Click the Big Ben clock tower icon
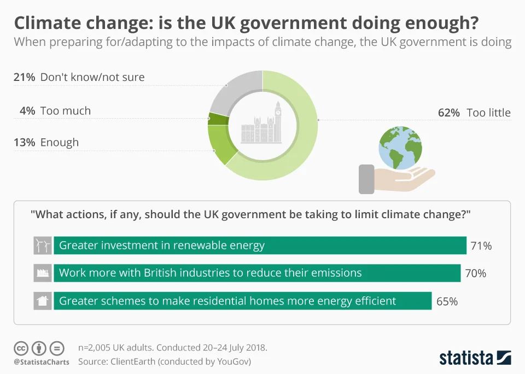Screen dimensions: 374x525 click(x=277, y=120)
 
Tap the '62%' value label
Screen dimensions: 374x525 click(x=449, y=113)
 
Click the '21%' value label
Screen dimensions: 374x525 click(x=24, y=77)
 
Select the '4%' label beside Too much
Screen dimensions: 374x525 click(x=27, y=111)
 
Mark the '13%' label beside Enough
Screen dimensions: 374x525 click(x=24, y=143)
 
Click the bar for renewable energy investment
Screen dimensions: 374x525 click(x=260, y=246)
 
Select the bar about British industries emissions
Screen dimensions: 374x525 click(x=257, y=273)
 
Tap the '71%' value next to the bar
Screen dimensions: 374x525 click(x=481, y=246)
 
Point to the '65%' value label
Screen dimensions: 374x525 click(x=447, y=301)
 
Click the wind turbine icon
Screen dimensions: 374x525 click(x=43, y=246)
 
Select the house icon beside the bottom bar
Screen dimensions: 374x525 click(x=43, y=301)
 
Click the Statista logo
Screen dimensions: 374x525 click(x=475, y=358)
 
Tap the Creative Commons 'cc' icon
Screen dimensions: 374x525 click(x=21, y=348)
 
